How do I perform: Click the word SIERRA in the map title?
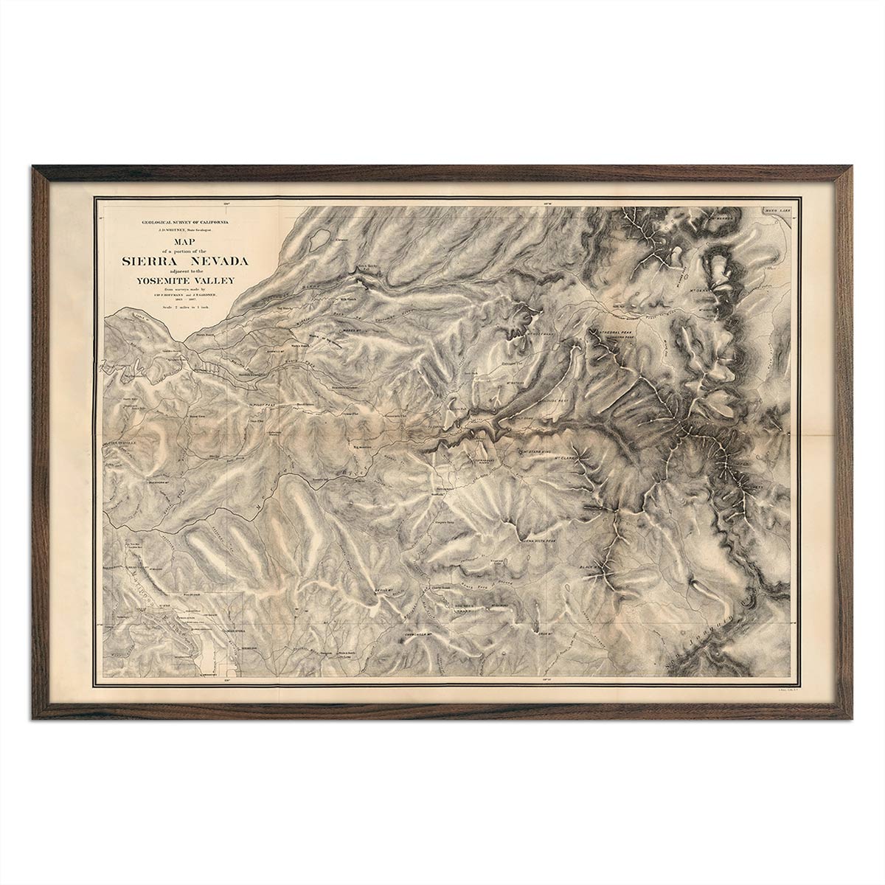pyautogui.click(x=150, y=260)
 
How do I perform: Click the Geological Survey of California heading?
pyautogui.click(x=181, y=222)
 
